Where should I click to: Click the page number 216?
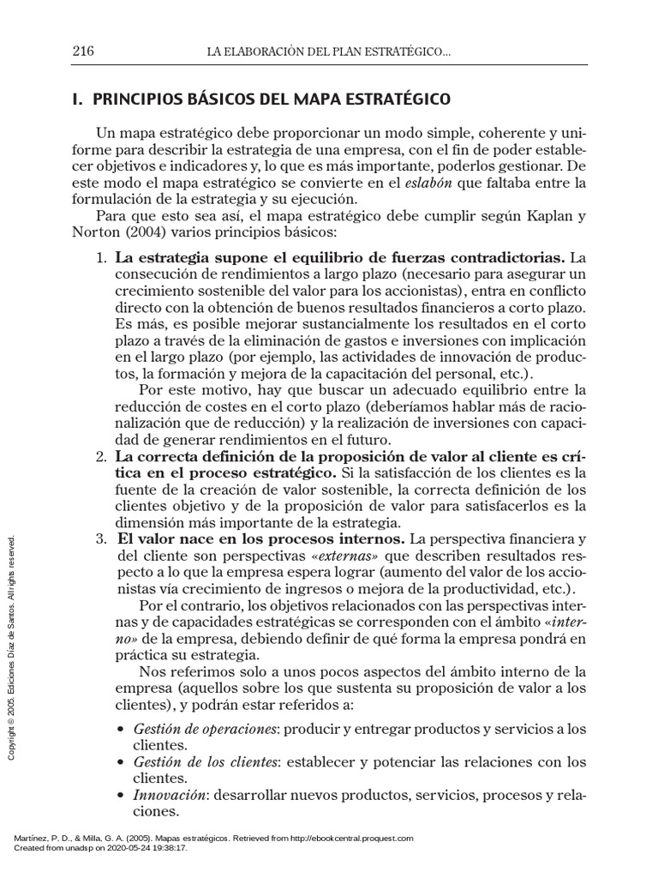(83, 52)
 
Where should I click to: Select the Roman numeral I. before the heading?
(76, 100)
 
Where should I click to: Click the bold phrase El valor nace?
(171, 539)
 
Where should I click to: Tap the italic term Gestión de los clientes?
(206, 762)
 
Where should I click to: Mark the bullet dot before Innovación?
(121, 797)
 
